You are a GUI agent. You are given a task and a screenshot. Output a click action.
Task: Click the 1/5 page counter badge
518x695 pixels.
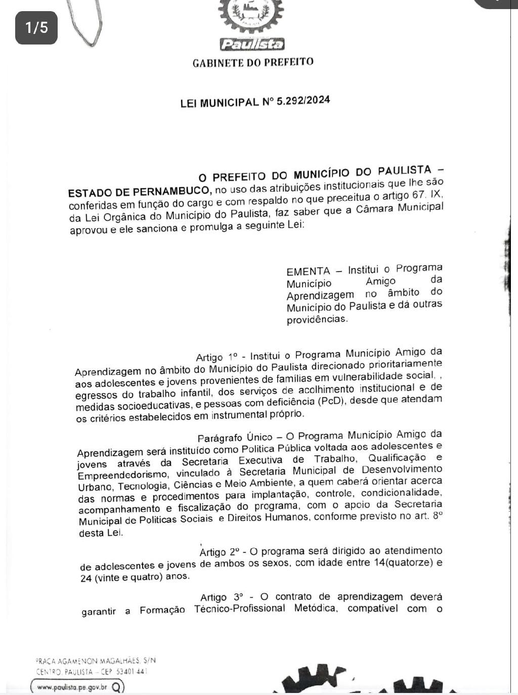pos(36,27)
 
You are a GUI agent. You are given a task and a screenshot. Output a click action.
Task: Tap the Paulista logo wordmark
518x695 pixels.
pos(252,45)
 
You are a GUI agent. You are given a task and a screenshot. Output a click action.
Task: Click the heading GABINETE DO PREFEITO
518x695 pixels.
pos(253,63)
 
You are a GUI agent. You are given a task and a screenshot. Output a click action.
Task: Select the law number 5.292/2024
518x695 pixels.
pos(304,100)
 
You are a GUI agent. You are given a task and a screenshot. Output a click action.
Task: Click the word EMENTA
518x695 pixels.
pos(308,271)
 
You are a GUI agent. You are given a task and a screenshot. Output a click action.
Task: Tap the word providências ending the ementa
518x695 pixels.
pos(317,320)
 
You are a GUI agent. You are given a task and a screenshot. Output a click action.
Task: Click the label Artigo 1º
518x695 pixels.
pos(217,357)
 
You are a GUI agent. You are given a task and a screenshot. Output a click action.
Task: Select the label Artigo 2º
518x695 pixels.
pos(220,551)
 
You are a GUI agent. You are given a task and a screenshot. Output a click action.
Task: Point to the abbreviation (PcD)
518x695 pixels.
pos(331,402)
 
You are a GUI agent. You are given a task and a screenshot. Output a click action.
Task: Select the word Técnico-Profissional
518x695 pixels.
pos(240,609)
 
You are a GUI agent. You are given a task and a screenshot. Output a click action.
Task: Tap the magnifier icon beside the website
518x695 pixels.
pos(116,687)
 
